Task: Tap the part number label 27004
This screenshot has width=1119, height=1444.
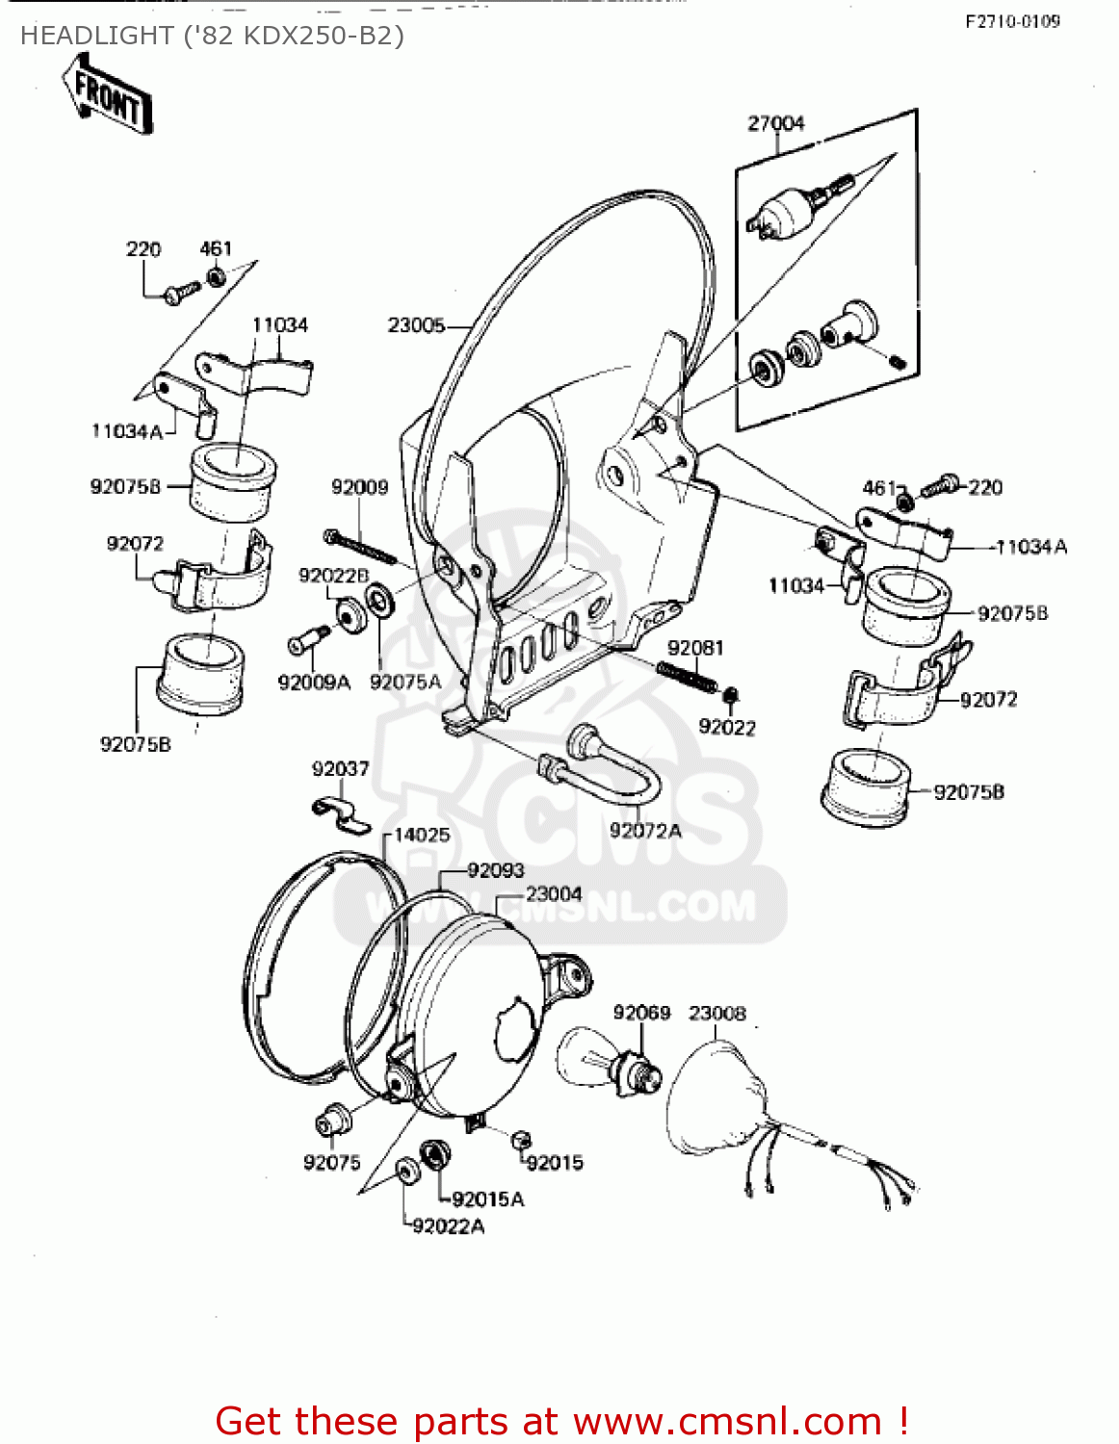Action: click(775, 123)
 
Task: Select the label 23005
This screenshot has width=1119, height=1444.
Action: click(416, 325)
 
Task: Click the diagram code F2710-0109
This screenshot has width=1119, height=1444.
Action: click(1012, 21)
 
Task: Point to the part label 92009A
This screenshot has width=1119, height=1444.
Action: click(314, 683)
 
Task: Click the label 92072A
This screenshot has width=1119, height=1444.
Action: click(645, 830)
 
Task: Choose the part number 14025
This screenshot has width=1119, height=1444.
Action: click(422, 835)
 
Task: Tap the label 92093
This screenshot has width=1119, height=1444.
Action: click(496, 870)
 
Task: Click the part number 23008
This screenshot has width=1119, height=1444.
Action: click(716, 1013)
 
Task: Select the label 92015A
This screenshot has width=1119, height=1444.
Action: click(487, 1199)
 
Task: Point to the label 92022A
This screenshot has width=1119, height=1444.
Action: click(449, 1225)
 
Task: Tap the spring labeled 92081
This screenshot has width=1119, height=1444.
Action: click(687, 675)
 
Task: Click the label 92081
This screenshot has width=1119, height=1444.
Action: click(695, 648)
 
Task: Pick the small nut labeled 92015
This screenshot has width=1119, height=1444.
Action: click(520, 1139)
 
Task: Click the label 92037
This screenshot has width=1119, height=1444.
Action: click(340, 768)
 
